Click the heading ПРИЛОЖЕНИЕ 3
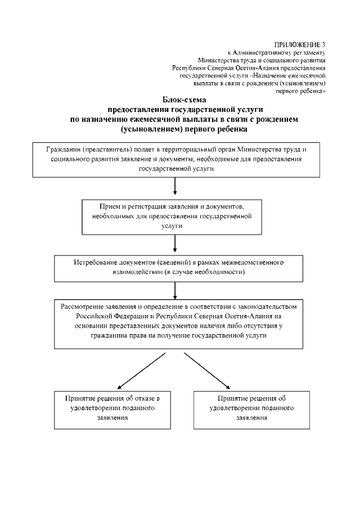click(x=299, y=44)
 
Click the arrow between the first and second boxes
click(x=177, y=186)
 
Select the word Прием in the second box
click(x=109, y=206)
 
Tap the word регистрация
click(x=143, y=206)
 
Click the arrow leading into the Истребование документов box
click(x=177, y=245)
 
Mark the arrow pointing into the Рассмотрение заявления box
click(x=177, y=289)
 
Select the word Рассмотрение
click(x=84, y=307)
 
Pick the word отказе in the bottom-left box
click(x=142, y=399)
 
